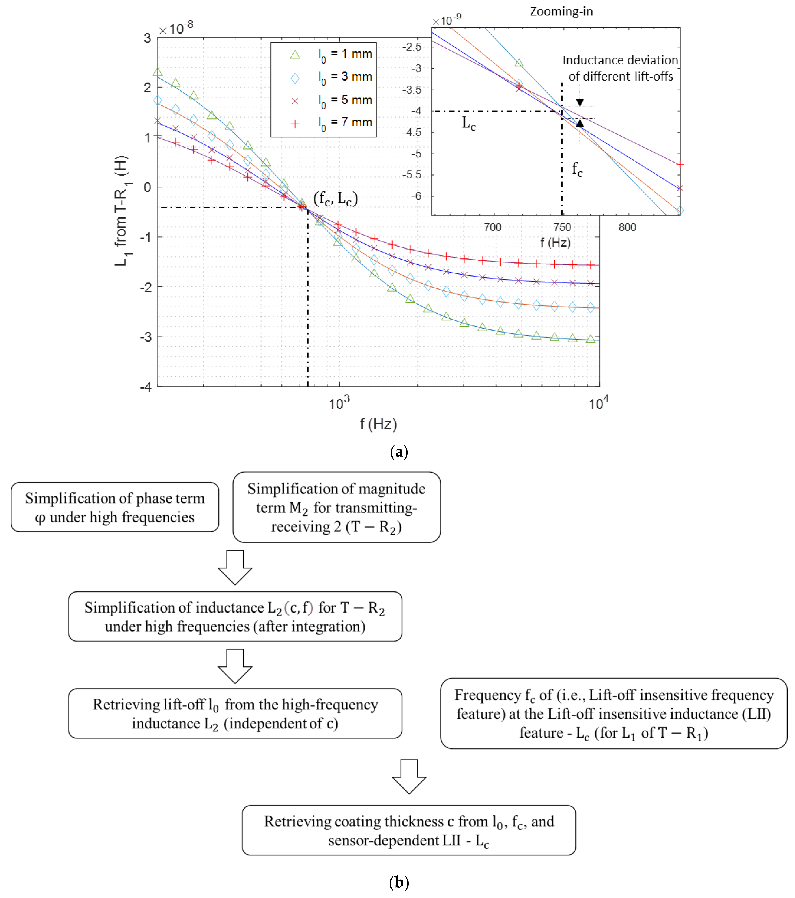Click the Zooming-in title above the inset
click(x=561, y=11)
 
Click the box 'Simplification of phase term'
click(x=115, y=507)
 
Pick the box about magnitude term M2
click(x=336, y=507)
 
